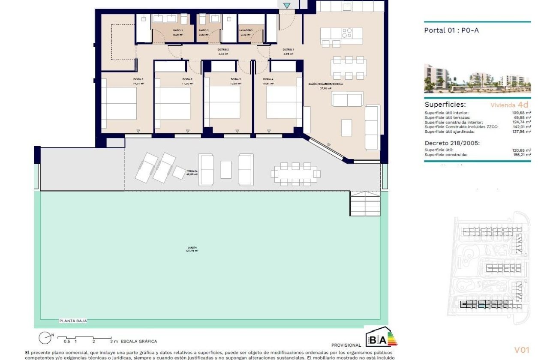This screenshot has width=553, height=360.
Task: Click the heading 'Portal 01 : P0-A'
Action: (448, 30)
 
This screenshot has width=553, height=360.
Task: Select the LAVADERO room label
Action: (246, 31)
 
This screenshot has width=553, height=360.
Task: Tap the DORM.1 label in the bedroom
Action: (138, 79)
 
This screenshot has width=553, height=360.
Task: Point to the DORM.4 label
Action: (268, 79)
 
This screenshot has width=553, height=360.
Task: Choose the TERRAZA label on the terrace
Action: (192, 171)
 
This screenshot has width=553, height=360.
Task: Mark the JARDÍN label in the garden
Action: (192, 248)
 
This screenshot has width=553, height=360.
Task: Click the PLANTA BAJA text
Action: (73, 321)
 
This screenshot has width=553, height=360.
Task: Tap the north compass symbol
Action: (45, 339)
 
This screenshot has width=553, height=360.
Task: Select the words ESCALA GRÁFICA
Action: (139, 341)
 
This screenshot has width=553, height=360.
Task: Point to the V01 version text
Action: (522, 350)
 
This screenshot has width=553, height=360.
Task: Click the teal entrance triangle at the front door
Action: (287, 6)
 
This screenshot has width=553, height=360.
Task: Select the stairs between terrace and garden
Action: (365, 204)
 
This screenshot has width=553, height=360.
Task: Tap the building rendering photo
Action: (477, 79)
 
